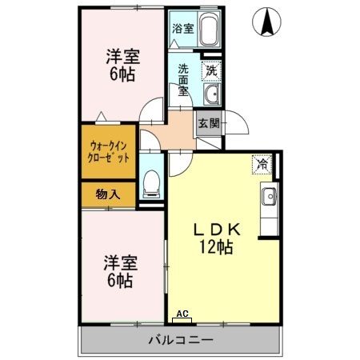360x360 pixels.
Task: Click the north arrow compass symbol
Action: point(266,22)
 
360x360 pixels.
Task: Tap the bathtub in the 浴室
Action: point(208,30)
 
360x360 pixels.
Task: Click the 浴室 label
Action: point(183,28)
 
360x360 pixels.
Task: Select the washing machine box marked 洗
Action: point(211,71)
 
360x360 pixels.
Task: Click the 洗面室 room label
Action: point(183,80)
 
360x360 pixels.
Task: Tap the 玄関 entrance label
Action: point(209,123)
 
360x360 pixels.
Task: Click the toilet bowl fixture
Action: point(151,184)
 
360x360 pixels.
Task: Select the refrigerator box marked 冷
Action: point(262,165)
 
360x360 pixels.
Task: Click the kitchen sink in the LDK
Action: point(269,197)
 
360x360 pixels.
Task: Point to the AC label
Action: point(182,314)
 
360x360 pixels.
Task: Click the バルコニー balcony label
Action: point(181,340)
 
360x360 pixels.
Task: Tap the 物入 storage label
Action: point(108,194)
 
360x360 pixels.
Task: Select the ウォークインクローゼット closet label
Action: point(108,152)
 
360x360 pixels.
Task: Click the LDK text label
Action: point(217,230)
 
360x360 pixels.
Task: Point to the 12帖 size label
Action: point(216,247)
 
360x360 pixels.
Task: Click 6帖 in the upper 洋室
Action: point(122,74)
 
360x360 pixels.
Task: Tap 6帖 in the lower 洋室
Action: point(120,281)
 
